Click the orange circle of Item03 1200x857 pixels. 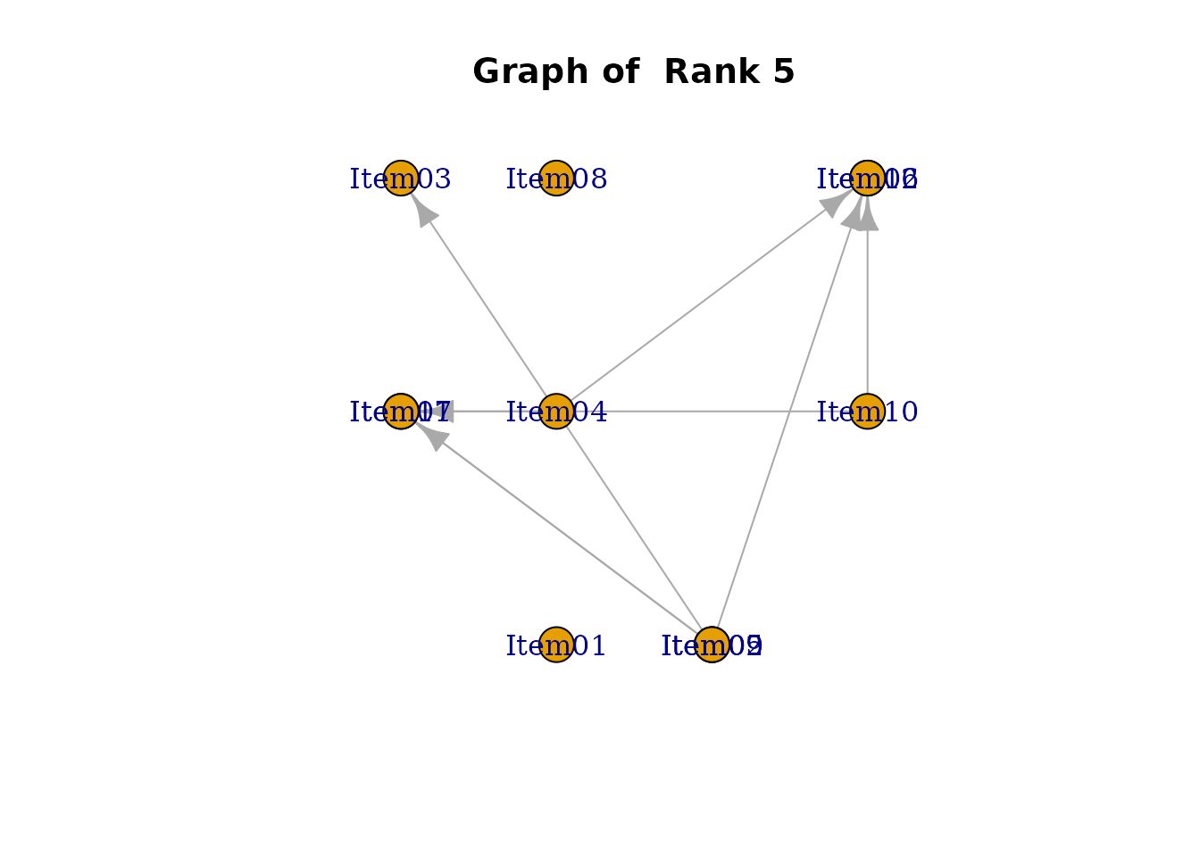coord(401,178)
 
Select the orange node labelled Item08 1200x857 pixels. coord(556,178)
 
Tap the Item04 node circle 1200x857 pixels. coord(556,411)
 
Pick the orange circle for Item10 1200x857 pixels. coord(867,411)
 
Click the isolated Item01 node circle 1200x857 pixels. coord(556,645)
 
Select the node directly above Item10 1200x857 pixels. coord(867,178)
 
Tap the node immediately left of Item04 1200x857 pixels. coord(401,411)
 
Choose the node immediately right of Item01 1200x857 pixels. coord(712,645)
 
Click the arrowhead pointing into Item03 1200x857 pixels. coord(424,212)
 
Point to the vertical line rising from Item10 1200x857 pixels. coord(867,312)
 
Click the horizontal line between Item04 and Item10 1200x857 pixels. coord(714,411)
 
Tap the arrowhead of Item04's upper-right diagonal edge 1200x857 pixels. coord(834,203)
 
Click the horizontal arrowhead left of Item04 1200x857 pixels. coord(444,411)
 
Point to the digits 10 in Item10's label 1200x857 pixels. coord(902,412)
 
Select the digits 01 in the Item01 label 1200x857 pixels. coord(590,646)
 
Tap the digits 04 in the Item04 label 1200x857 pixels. coord(590,412)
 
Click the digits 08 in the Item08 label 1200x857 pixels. coord(590,179)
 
